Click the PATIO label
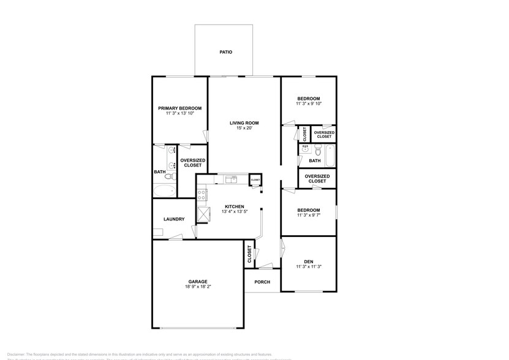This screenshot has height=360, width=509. pyautogui.click(x=226, y=53)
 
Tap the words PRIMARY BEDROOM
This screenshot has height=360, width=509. pyautogui.click(x=179, y=108)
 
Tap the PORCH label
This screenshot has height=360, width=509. pyautogui.click(x=262, y=282)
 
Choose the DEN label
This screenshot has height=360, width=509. pyautogui.click(x=308, y=261)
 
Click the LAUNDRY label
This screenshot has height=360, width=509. pyautogui.click(x=174, y=219)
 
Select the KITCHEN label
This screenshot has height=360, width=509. pyautogui.click(x=235, y=206)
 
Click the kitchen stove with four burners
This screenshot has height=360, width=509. pyautogui.click(x=201, y=195)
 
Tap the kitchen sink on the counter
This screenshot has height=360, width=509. pyautogui.click(x=231, y=179)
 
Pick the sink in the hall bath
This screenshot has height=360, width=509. pyautogui.click(x=304, y=149)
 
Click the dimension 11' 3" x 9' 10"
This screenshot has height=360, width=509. pyautogui.click(x=308, y=104)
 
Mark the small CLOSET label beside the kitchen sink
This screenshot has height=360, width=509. pyautogui.click(x=255, y=179)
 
